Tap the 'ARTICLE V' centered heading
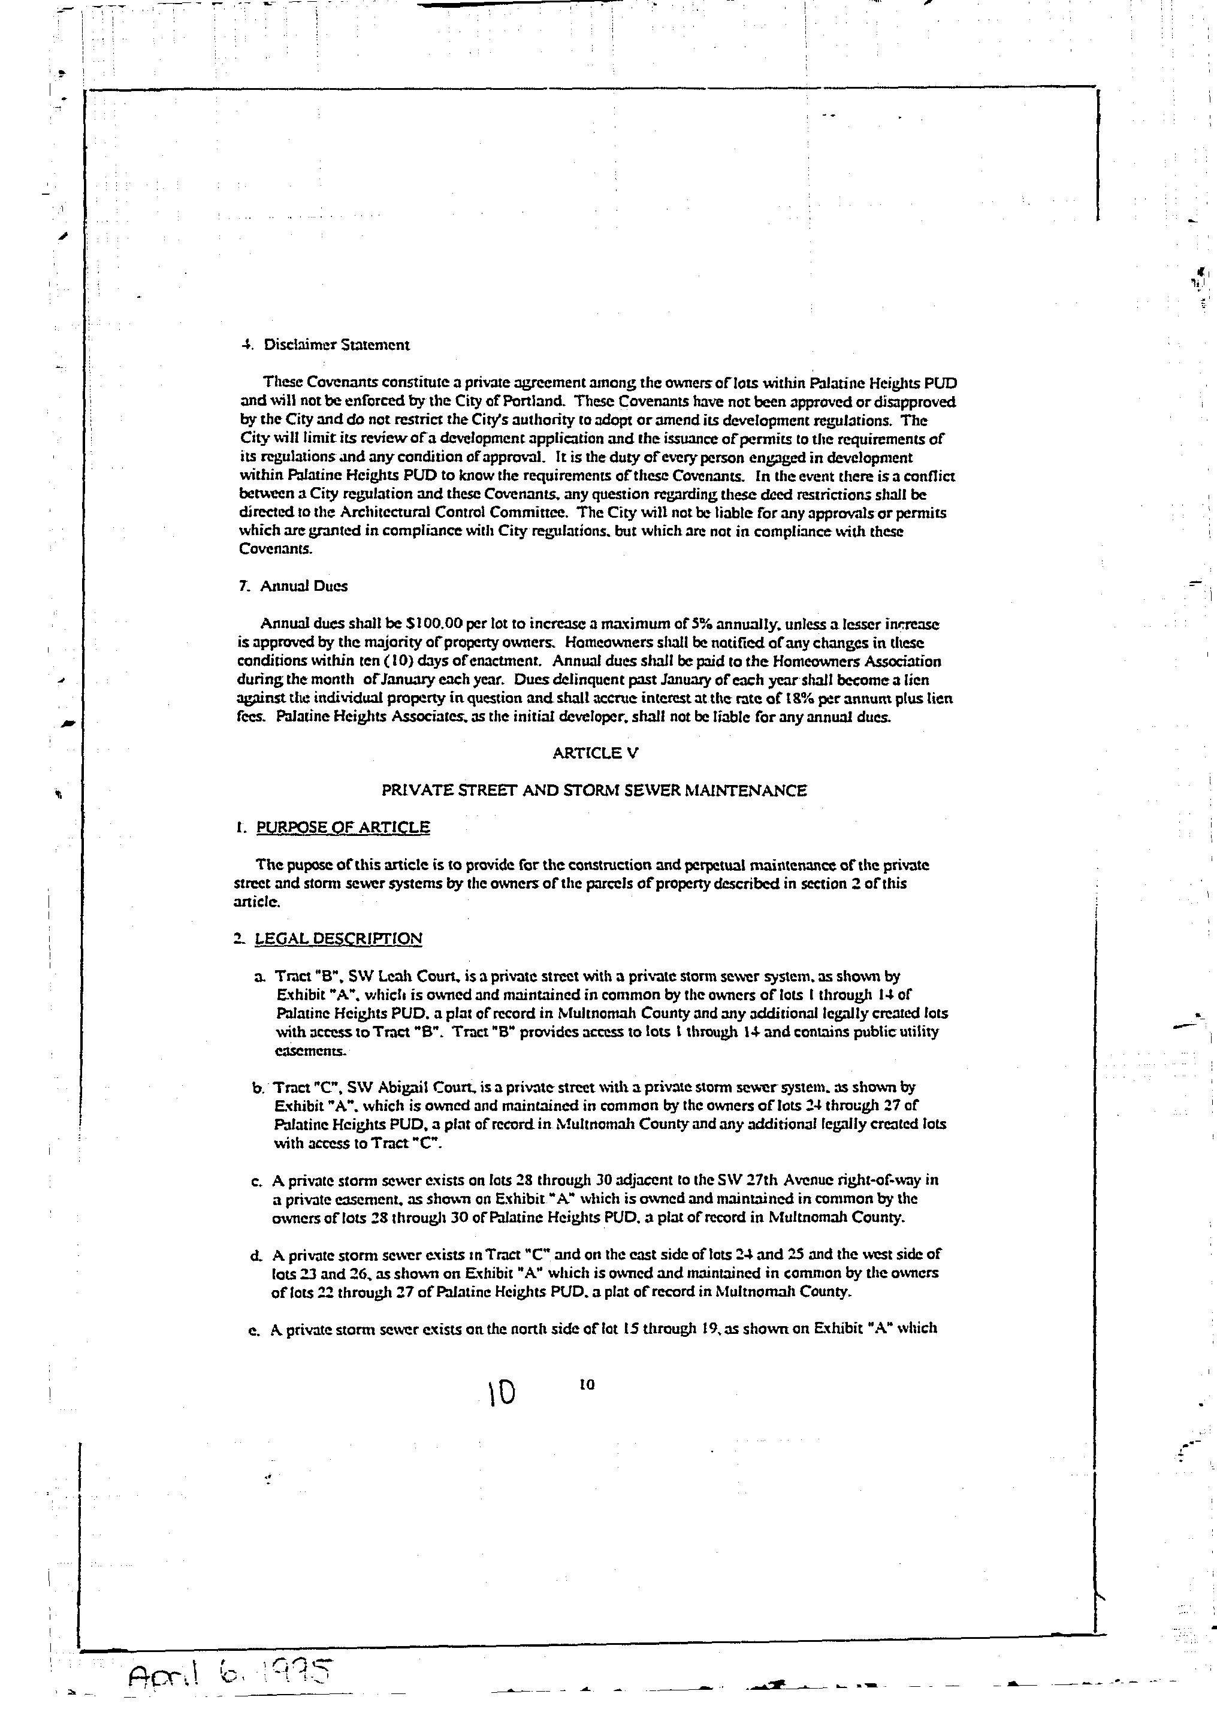[x=596, y=753]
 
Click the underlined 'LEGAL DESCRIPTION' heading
[x=338, y=939]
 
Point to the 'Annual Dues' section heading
[x=303, y=587]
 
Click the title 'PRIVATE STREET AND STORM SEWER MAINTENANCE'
[x=594, y=790]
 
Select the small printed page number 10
[x=587, y=1385]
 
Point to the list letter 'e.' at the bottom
[x=253, y=1329]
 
